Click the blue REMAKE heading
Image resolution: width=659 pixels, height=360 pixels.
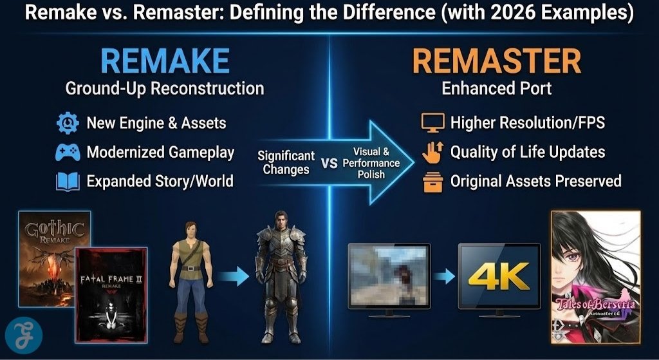point(165,61)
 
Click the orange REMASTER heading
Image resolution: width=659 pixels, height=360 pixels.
point(496,61)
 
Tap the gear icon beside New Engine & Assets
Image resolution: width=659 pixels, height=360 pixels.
point(68,122)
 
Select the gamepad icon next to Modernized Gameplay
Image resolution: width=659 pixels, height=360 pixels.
point(68,153)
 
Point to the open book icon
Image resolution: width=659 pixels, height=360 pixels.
point(68,181)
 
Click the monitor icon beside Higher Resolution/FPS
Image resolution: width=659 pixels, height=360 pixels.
point(432,122)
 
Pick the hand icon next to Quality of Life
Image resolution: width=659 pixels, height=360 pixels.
point(432,152)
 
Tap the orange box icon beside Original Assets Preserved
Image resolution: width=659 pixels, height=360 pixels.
point(432,182)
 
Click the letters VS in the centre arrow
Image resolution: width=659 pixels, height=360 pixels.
point(329,164)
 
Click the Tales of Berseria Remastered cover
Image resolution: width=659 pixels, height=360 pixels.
point(595,277)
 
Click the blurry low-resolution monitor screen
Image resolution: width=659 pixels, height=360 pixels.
point(389,275)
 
